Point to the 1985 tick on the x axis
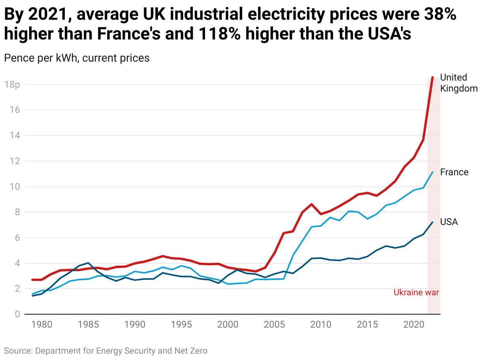pyautogui.click(x=88, y=324)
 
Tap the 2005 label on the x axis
pyautogui.click(x=274, y=324)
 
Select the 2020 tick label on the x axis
pyautogui.click(x=414, y=324)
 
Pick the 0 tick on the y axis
pyautogui.click(x=17, y=315)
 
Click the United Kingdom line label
pyautogui.click(x=459, y=83)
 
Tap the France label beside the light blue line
pyautogui.click(x=454, y=172)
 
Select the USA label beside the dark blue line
pyautogui.click(x=449, y=222)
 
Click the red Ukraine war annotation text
pyautogui.click(x=416, y=292)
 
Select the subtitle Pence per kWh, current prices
pyautogui.click(x=77, y=58)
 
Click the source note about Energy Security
pyautogui.click(x=105, y=351)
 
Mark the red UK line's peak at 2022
pyautogui.click(x=433, y=77)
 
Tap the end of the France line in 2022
pyautogui.click(x=433, y=172)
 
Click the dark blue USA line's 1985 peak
pyautogui.click(x=88, y=263)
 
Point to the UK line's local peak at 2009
pyautogui.click(x=312, y=204)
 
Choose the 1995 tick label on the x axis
pyautogui.click(x=181, y=324)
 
